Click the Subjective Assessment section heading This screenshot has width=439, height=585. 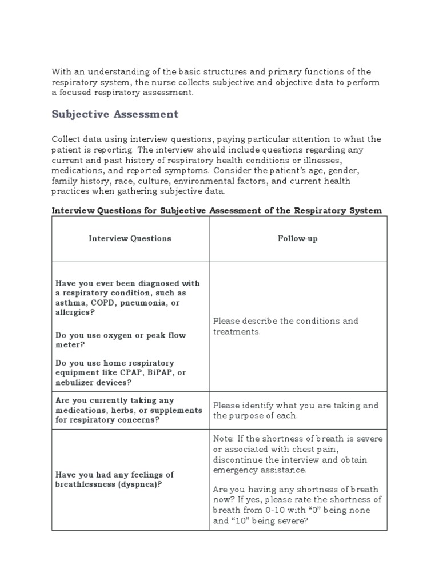(x=115, y=114)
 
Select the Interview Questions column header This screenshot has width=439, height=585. (x=130, y=238)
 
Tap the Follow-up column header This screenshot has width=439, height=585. (x=297, y=238)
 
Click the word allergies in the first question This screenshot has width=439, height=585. (x=73, y=314)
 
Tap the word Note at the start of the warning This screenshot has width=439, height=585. (x=223, y=438)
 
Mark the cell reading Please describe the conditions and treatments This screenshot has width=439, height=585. (x=286, y=326)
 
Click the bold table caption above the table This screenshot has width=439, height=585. (x=217, y=210)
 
